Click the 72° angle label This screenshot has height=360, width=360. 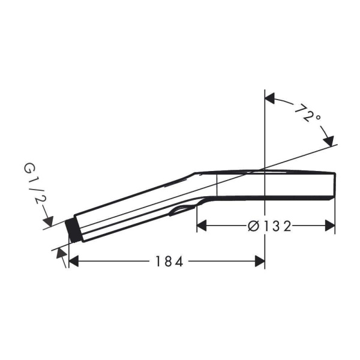307,113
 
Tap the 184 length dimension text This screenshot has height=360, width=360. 169,261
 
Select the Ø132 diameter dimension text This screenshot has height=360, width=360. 270,226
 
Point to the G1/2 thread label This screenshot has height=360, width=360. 34,184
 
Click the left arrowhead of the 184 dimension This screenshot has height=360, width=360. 74,261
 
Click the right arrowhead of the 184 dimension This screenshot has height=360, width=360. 260,261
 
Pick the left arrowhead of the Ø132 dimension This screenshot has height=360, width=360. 202,226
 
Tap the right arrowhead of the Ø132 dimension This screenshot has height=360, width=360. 330,226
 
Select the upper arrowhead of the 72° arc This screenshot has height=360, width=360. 270,98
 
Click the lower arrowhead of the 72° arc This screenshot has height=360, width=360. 329,141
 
